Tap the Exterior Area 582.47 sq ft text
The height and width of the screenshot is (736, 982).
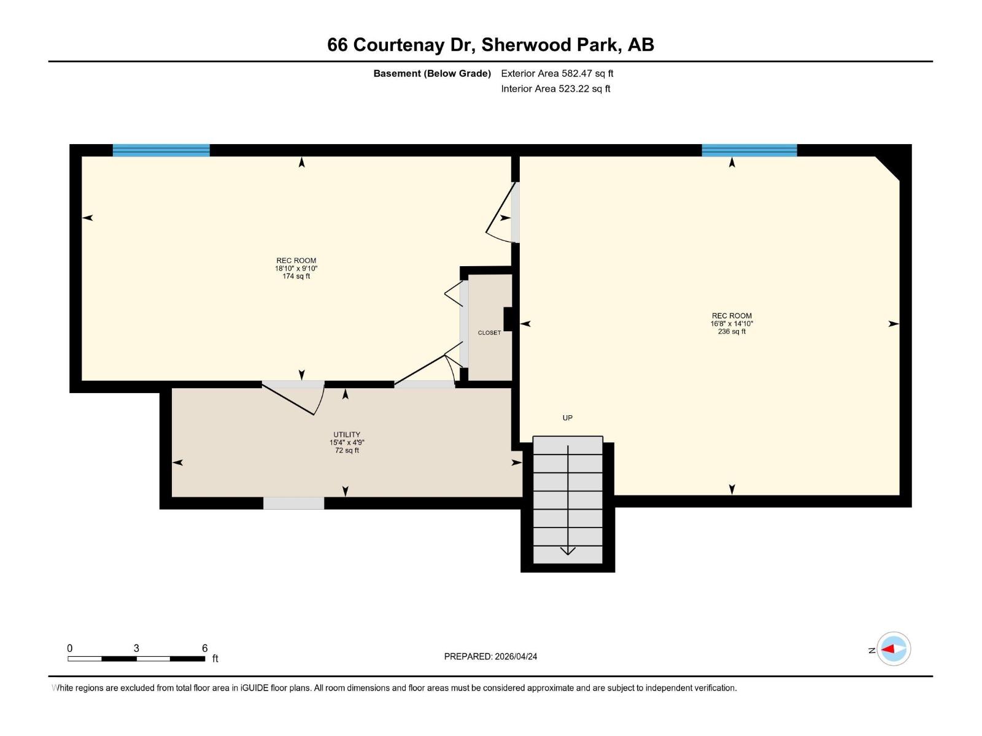click(557, 74)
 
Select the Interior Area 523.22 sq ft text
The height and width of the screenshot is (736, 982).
click(555, 89)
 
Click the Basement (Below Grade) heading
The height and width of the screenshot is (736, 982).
click(432, 74)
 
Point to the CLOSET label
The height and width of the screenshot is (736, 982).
click(489, 333)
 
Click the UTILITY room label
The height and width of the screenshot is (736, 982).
click(347, 435)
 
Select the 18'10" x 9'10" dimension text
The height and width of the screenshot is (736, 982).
click(296, 269)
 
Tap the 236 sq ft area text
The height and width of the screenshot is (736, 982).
click(732, 332)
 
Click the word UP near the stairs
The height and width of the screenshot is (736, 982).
click(568, 418)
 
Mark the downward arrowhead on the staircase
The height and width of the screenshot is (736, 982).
click(568, 551)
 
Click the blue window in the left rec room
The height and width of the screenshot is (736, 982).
click(161, 150)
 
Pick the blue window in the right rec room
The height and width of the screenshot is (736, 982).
click(749, 150)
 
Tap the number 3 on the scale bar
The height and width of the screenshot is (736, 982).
click(136, 648)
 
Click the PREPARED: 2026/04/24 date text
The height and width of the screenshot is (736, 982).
click(490, 656)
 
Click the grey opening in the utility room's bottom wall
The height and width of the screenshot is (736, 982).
click(293, 503)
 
